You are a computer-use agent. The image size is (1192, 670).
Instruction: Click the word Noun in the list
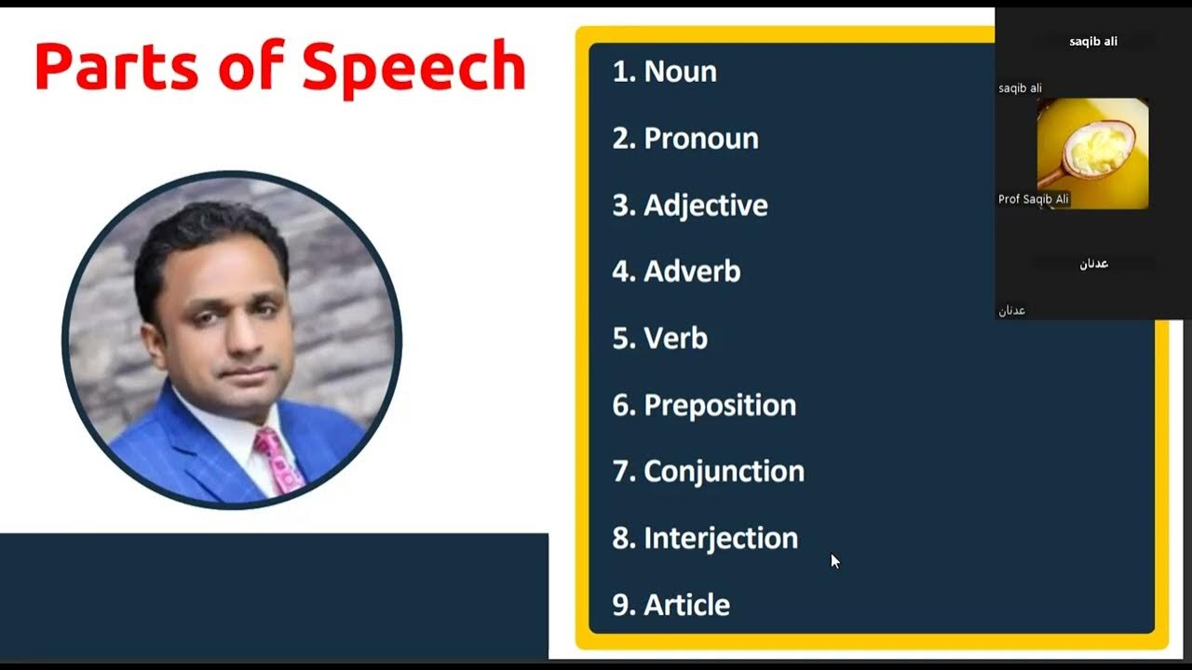click(680, 72)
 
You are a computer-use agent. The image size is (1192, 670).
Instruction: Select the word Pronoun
click(701, 139)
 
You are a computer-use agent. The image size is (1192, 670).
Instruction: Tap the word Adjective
click(706, 205)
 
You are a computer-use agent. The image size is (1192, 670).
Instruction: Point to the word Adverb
click(692, 272)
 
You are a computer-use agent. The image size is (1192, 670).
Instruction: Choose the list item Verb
click(675, 338)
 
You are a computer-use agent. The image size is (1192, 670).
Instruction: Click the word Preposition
click(720, 405)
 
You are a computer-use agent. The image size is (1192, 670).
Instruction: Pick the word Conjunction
click(724, 471)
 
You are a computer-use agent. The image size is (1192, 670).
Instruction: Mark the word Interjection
click(721, 538)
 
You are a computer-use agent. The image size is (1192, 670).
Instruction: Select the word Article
click(686, 605)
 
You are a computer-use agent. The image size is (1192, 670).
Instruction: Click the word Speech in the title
click(414, 67)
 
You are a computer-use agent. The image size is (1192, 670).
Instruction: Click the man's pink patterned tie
click(278, 459)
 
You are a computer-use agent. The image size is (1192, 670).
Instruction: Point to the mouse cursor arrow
click(834, 560)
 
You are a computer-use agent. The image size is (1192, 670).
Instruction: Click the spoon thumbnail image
click(1092, 154)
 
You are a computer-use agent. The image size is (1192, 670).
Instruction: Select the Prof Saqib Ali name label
click(1034, 199)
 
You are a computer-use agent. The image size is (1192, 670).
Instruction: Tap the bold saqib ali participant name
click(1093, 42)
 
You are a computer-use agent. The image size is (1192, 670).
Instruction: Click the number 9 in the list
click(621, 605)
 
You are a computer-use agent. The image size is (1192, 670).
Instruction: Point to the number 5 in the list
click(621, 338)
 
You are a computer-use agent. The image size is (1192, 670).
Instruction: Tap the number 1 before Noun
click(619, 72)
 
